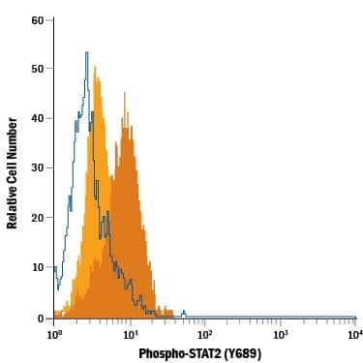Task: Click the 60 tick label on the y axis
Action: click(36, 19)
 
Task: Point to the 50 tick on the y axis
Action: click(36, 69)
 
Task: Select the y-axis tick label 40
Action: click(36, 118)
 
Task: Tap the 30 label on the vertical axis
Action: click(36, 168)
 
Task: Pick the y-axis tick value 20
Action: click(36, 218)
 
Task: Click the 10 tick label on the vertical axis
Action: click(36, 267)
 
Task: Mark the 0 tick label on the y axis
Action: click(39, 318)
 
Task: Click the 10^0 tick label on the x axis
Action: click(54, 333)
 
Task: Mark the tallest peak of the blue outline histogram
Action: click(87, 53)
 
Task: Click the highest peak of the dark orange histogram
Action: click(123, 93)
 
